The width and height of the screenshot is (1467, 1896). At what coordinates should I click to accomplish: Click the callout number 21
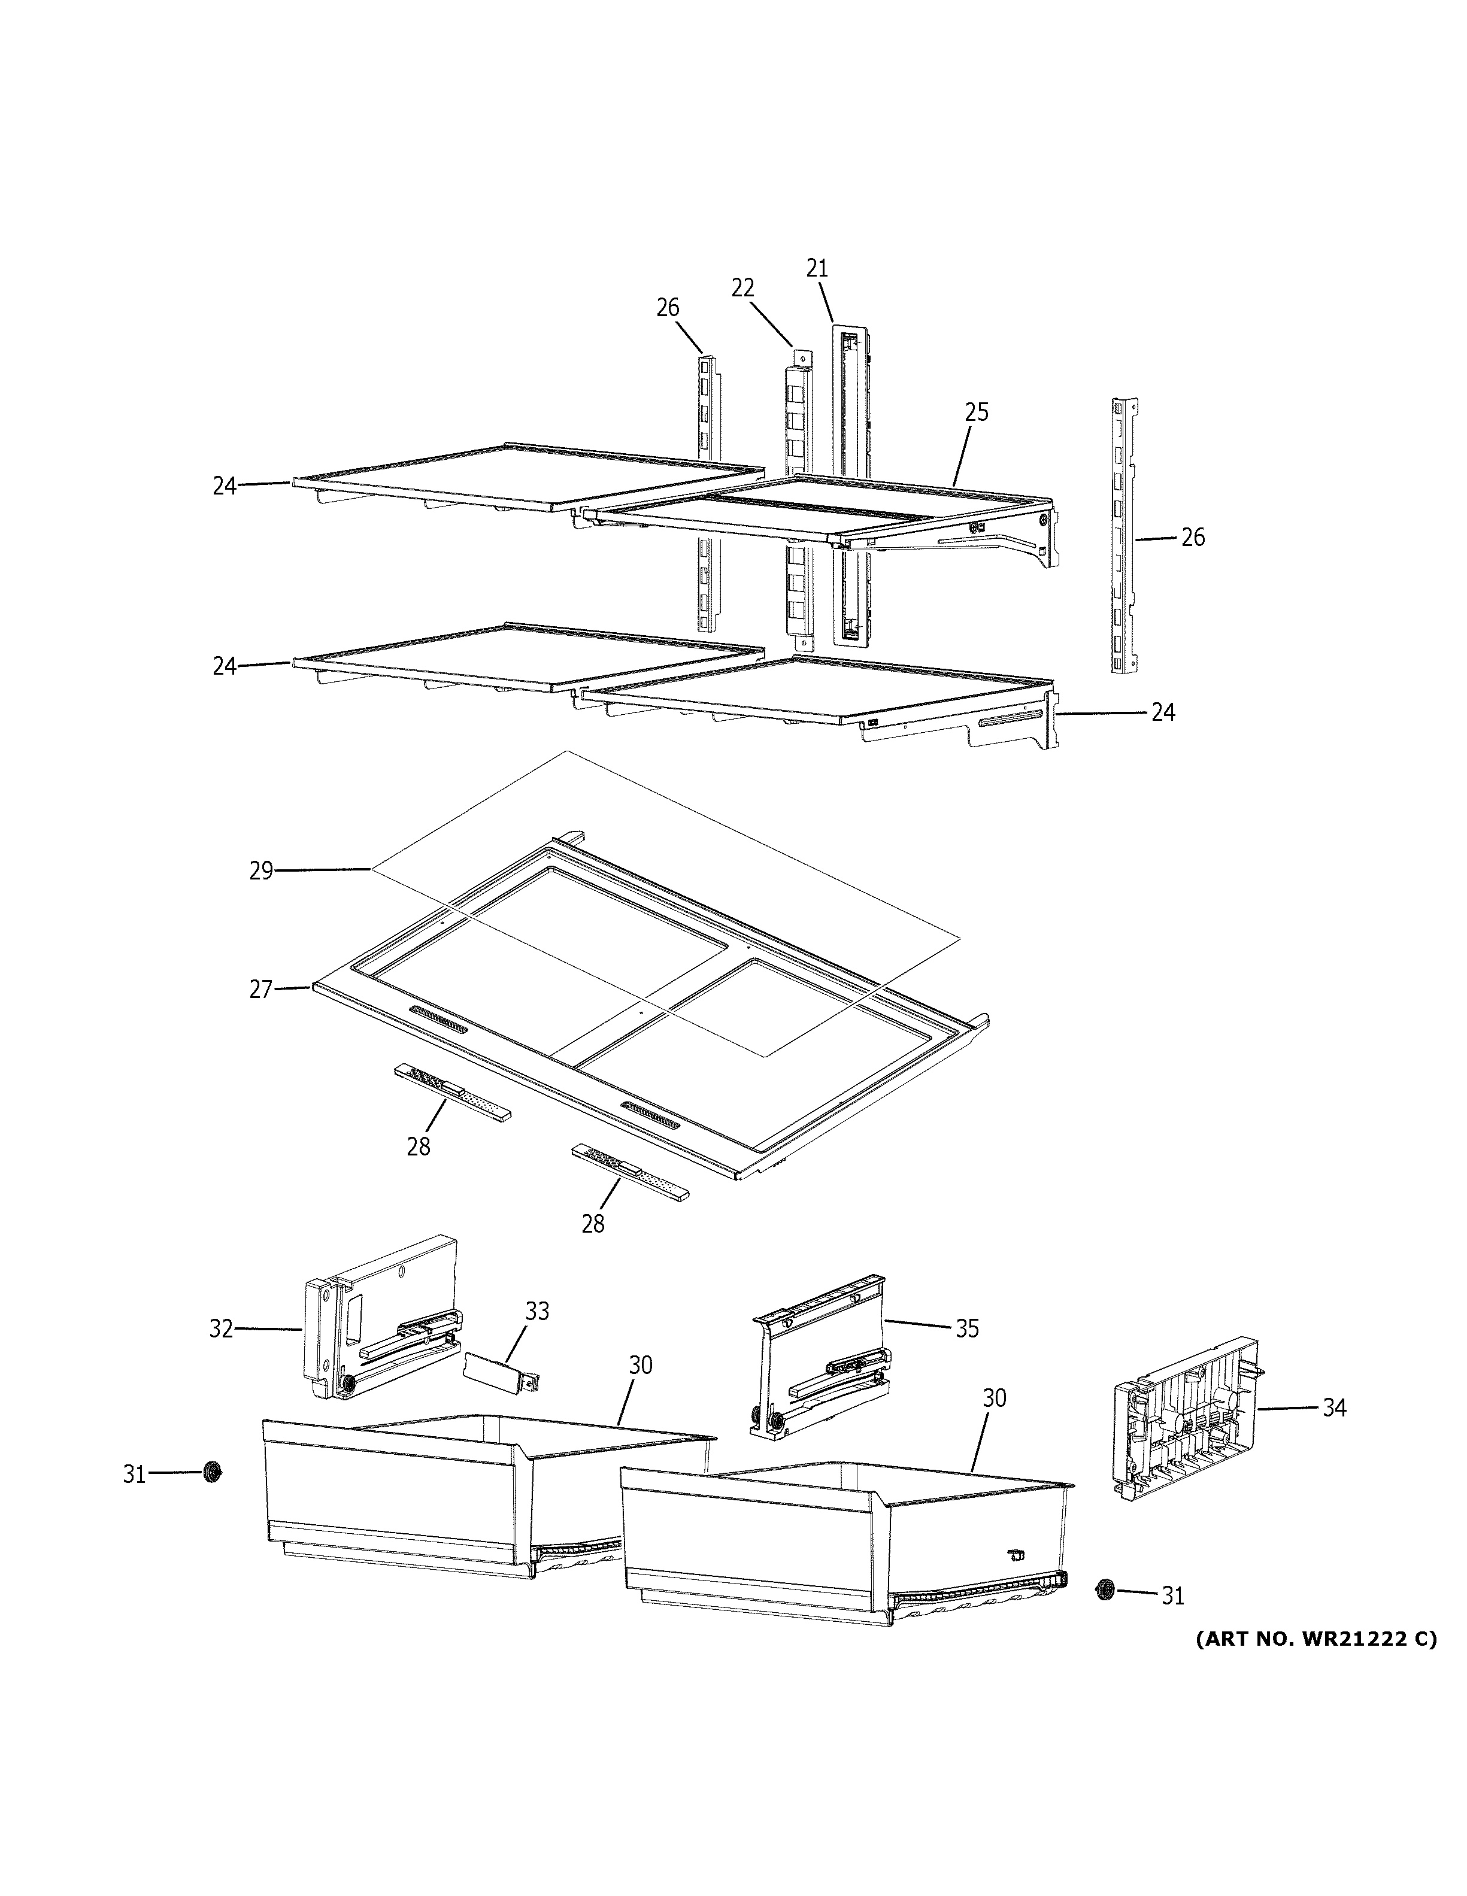coord(817,269)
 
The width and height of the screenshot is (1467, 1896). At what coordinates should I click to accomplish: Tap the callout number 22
coord(742,288)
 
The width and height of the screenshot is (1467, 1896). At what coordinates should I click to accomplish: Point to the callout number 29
coord(261,870)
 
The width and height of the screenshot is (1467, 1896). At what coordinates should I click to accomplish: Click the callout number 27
coord(261,990)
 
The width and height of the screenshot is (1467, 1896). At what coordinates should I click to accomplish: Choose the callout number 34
coord(1334,1407)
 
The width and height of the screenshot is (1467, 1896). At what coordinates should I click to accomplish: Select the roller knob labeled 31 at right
coord(1105,1589)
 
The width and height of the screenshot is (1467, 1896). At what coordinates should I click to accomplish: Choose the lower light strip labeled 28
coord(630,1172)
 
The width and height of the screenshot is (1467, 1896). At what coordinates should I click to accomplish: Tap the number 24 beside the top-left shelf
coord(225,486)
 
